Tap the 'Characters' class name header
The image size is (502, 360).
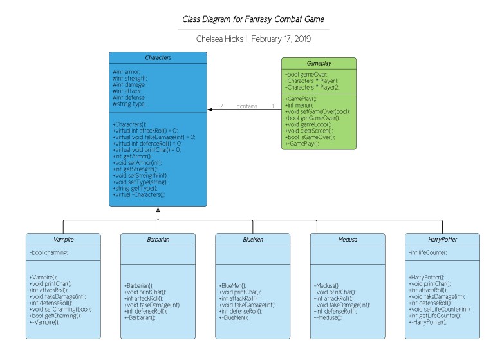tap(158, 58)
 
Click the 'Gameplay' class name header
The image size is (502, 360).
tap(319, 64)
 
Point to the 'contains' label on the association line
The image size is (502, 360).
tap(246, 106)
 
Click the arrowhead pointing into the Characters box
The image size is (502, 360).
tap(211, 110)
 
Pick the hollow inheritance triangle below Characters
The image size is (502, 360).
tap(158, 211)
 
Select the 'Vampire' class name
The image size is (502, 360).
tap(63, 239)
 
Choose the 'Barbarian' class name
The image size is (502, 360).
tap(158, 239)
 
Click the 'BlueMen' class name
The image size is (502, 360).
tap(253, 239)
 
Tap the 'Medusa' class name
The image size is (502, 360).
tap(348, 239)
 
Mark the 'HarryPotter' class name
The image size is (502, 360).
tap(442, 239)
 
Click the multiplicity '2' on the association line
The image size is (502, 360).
tap(221, 106)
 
